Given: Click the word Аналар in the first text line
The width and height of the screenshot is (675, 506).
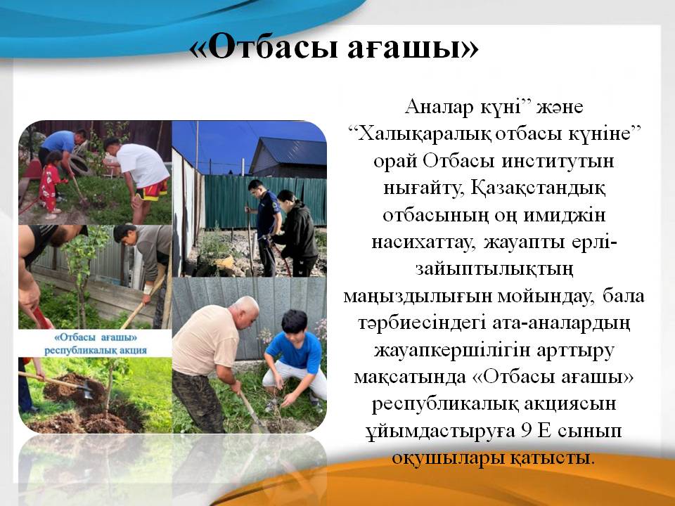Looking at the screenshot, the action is point(438,107).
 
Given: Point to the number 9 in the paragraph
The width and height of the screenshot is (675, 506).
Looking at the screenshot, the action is point(526,431).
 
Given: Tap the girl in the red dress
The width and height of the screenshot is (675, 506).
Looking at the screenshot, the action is point(50,181).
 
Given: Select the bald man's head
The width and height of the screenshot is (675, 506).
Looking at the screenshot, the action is point(244,311).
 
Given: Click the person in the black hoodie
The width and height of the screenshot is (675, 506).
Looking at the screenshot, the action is point(296,233).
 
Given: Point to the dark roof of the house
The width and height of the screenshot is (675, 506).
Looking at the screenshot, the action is point(289,150).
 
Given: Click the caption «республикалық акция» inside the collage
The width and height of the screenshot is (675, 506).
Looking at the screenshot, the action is point(96,350).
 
